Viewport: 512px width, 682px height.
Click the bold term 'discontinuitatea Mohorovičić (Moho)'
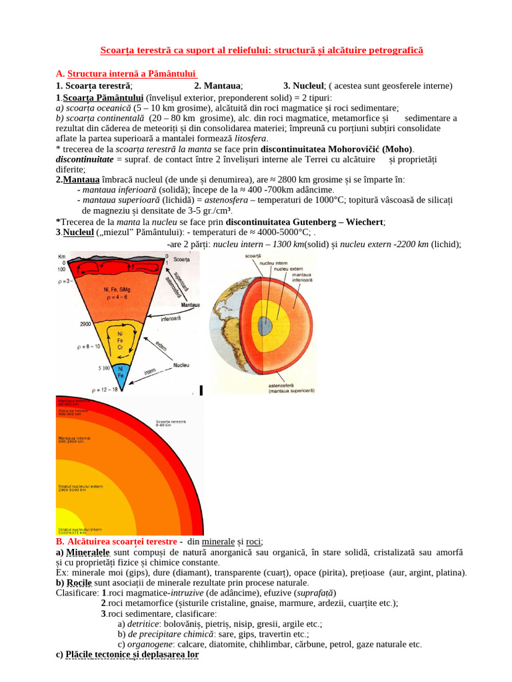click(x=337, y=149)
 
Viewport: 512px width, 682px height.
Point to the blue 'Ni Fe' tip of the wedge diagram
click(x=120, y=372)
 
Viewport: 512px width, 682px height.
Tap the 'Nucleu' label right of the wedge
click(x=181, y=365)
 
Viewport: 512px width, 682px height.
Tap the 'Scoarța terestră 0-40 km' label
click(x=171, y=424)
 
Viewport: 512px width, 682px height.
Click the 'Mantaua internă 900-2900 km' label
click(x=75, y=440)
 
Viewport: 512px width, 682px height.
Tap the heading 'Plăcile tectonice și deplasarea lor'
click(x=127, y=655)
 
